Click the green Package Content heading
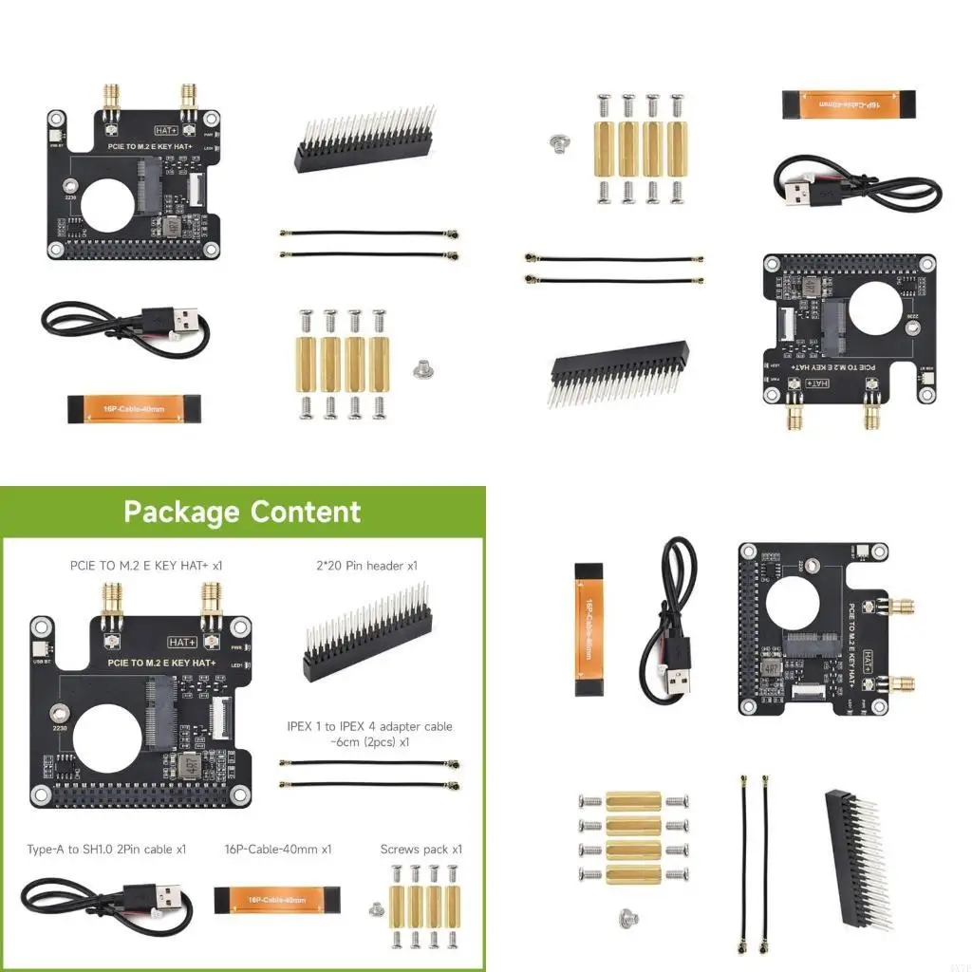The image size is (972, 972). click(242, 513)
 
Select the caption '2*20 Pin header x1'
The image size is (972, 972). click(365, 566)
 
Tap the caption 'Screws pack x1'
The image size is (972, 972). click(421, 849)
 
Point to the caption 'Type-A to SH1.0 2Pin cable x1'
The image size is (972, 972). click(106, 849)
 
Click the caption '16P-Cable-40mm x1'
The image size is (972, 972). click(278, 849)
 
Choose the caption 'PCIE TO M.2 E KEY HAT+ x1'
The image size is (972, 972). click(146, 566)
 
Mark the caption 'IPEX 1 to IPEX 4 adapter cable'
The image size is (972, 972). click(369, 727)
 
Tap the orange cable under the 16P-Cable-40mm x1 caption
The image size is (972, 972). click(276, 899)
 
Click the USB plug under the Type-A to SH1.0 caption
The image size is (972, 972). click(166, 896)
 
